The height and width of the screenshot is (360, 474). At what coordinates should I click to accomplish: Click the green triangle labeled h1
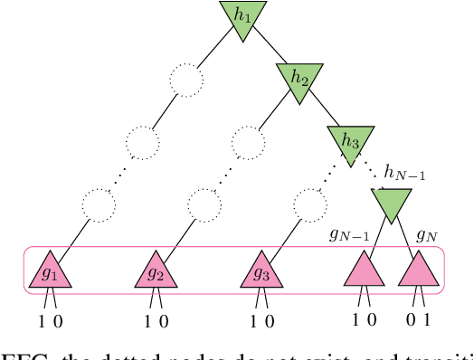tap(242, 16)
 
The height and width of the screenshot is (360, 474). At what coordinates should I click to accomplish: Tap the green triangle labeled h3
tap(350, 139)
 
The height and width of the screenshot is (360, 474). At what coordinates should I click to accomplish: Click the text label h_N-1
tap(404, 172)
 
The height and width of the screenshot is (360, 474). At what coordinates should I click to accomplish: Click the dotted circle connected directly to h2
tap(248, 141)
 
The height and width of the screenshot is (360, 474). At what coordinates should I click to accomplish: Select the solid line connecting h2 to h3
tap(325, 109)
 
